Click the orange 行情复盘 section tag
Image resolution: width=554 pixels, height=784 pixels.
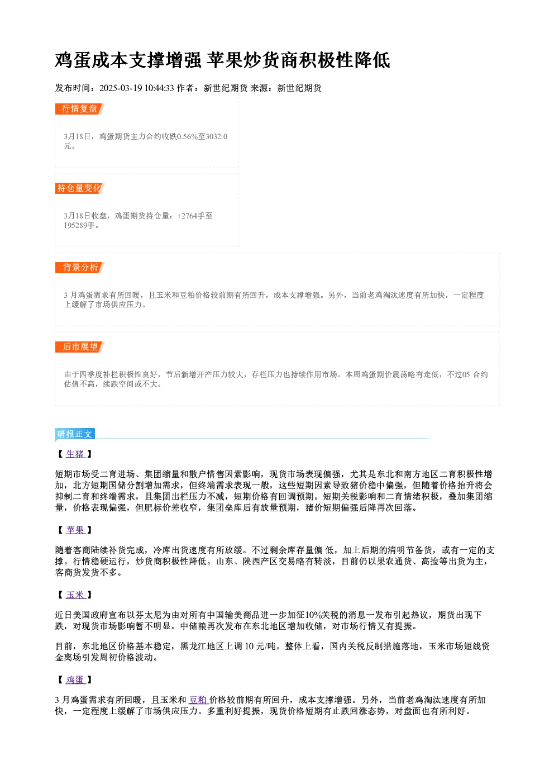(80, 109)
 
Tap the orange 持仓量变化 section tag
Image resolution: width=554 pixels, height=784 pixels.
(80, 188)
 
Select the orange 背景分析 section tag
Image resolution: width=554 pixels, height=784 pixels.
(80, 268)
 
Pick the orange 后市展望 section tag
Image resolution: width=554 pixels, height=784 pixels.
(80, 347)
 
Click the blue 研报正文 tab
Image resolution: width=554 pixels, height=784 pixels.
(75, 434)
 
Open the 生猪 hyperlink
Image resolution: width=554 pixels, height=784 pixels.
(75, 454)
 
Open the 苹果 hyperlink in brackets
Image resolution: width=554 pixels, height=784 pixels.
(75, 530)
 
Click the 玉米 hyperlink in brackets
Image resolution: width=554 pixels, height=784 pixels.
(75, 595)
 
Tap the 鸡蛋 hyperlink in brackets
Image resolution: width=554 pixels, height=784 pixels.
(75, 680)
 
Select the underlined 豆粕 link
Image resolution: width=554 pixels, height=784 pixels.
(198, 700)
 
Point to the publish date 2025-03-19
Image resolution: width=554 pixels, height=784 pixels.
(121, 88)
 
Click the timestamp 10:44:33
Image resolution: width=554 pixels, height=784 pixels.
(159, 88)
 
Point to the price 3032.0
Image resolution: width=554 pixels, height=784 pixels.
(217, 136)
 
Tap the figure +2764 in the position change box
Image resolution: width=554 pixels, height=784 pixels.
(187, 216)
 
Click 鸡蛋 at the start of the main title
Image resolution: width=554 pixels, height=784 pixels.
(73, 60)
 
